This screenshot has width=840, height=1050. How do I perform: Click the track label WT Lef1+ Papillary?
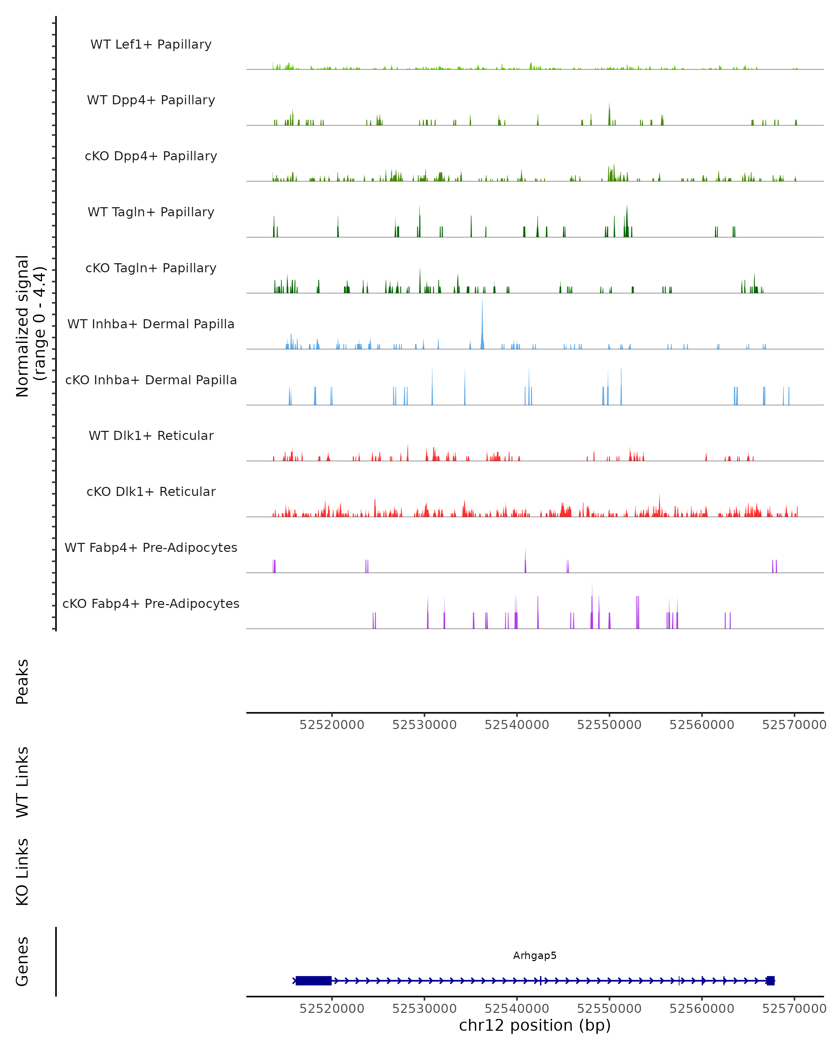point(151,44)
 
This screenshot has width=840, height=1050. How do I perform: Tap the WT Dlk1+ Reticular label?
point(151,435)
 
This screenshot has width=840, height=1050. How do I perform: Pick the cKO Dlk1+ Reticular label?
point(151,491)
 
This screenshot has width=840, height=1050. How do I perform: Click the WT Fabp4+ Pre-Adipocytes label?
point(151,547)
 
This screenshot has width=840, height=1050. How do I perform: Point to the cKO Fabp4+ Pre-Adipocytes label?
point(151,603)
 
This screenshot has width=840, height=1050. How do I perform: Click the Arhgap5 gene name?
point(535,955)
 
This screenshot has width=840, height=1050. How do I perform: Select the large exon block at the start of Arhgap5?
point(314,980)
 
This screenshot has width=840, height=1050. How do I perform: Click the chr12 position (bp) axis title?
point(535,1025)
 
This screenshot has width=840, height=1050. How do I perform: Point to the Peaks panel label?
point(22,681)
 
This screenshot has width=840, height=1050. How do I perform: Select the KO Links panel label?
point(22,872)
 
